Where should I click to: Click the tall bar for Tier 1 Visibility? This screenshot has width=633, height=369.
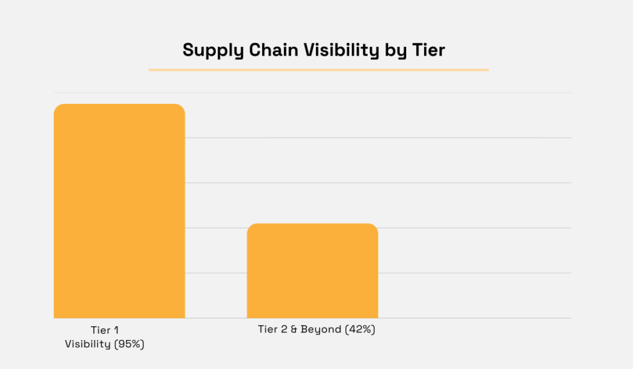click(x=119, y=210)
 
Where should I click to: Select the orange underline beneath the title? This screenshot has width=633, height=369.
click(x=318, y=70)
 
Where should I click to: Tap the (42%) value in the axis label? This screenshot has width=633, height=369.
click(x=360, y=329)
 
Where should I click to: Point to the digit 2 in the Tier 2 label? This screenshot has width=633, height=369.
click(x=283, y=329)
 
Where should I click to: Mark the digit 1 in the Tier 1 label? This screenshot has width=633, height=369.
click(x=116, y=331)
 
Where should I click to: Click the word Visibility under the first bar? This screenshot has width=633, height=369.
click(x=87, y=344)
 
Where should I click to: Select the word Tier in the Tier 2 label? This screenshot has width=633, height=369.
click(x=268, y=329)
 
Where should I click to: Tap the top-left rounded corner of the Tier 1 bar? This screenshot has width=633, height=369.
click(x=57, y=108)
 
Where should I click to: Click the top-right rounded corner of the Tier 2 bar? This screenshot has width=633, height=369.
click(x=374, y=227)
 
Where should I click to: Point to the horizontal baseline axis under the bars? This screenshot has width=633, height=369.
click(x=470, y=318)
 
